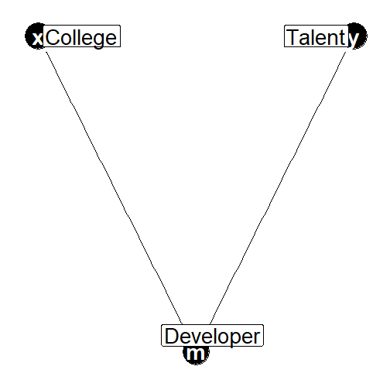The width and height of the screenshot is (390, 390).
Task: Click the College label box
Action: point(81,36)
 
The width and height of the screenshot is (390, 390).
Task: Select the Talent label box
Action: point(316,36)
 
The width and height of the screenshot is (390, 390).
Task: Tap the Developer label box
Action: point(212,335)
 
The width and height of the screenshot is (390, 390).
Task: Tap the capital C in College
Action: point(53,37)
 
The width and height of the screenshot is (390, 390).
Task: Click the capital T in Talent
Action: point(293,37)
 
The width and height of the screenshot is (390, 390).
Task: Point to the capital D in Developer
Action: point(172,336)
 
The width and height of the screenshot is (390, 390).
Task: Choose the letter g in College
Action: point(98,41)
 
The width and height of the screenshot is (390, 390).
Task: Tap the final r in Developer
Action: point(256,338)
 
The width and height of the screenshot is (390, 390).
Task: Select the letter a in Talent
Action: point(306,39)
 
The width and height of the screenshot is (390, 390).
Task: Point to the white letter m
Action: point(195,354)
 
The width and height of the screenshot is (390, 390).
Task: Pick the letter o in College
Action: point(67,39)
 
